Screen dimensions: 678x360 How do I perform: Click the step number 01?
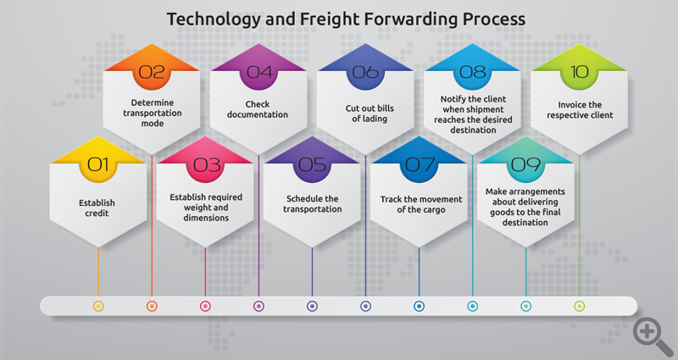98,164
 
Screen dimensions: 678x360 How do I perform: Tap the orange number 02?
152,72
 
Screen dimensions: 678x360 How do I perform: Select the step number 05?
312,164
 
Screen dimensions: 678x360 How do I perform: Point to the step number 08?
473,72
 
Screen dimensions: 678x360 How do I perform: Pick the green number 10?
580,72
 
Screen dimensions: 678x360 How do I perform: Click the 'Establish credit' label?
97,208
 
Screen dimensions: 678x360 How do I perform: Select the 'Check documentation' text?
258,109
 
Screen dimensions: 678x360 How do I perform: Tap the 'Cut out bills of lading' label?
370,114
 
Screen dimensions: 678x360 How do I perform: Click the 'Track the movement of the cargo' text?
421,204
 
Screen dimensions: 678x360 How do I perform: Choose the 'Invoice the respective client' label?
580,110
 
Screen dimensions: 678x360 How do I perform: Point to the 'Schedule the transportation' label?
313,204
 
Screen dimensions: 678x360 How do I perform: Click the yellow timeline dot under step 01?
98,307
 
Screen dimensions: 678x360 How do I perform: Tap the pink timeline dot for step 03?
205,307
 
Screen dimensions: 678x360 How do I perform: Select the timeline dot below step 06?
366,307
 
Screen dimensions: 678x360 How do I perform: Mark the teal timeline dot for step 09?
526,307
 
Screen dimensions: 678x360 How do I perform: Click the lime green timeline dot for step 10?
580,307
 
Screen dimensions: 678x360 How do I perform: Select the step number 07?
420,164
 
